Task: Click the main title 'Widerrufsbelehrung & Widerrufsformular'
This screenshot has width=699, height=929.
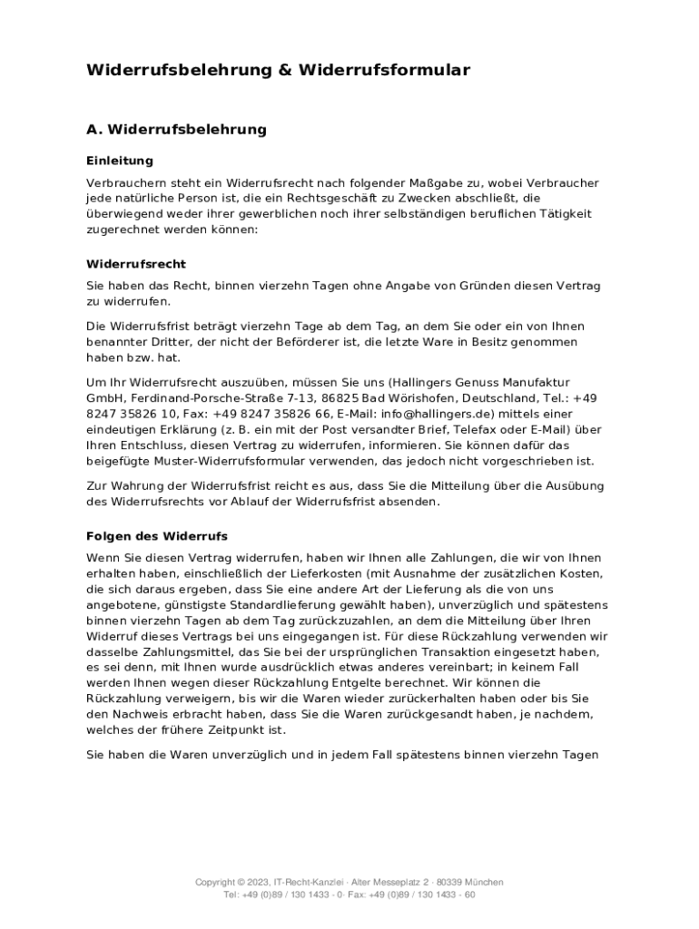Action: (278, 70)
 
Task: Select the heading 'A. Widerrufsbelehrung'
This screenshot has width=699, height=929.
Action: (176, 129)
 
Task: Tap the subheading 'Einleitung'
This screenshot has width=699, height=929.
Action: (120, 161)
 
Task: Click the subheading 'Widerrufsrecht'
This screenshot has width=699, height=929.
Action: (136, 264)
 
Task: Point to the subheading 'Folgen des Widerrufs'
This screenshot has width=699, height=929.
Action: (157, 535)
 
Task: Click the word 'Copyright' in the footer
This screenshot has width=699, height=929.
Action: (218, 882)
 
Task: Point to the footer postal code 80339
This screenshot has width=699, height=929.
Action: (450, 882)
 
